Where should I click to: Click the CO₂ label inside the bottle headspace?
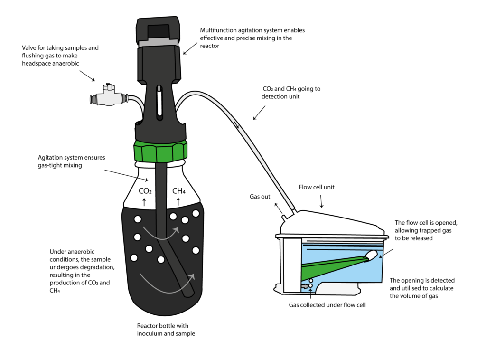pyautogui.click(x=145, y=191)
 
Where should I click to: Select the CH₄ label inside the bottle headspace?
pyautogui.click(x=178, y=191)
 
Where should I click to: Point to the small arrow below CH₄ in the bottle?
pyautogui.click(x=178, y=201)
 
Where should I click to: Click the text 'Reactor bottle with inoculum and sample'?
pyautogui.click(x=166, y=330)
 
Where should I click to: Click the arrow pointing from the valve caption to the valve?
pyautogui.click(x=86, y=76)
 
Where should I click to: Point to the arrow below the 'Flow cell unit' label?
pyautogui.click(x=321, y=202)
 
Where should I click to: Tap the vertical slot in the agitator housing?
pyautogui.click(x=159, y=100)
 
